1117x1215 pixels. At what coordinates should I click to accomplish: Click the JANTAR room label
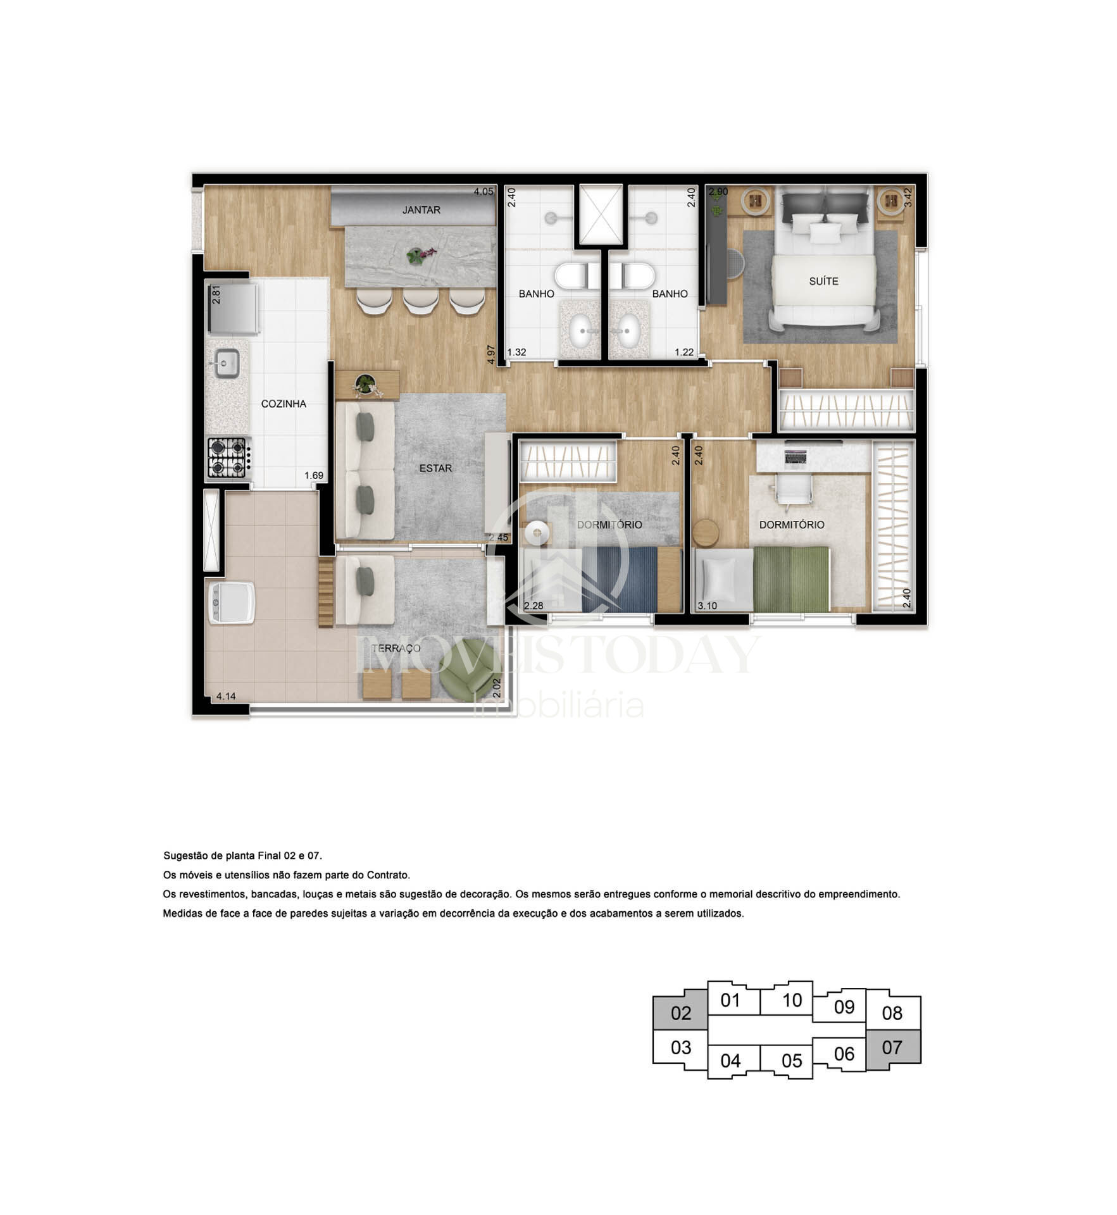421,210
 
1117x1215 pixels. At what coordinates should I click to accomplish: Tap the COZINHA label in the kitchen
284,404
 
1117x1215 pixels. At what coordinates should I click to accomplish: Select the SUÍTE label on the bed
823,281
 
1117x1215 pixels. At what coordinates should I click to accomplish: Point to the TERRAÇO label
396,648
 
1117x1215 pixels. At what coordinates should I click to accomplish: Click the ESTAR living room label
435,468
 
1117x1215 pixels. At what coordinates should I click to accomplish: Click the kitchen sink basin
225,363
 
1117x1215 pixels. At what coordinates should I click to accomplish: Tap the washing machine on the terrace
232,602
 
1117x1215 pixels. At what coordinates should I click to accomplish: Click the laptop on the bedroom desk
796,456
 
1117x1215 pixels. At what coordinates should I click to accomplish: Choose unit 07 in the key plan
892,1047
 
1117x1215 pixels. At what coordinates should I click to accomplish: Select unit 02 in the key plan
680,1012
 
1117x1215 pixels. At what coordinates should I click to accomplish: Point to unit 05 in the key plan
792,1061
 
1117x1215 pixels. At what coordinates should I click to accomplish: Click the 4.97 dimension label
490,354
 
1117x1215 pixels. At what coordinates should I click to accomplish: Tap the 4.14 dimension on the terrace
226,696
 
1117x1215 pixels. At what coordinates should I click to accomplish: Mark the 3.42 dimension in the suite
908,197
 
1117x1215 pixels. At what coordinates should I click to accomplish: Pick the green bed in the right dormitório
791,579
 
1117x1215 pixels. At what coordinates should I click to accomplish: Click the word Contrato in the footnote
389,875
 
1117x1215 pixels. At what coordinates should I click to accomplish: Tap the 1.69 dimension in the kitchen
314,476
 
